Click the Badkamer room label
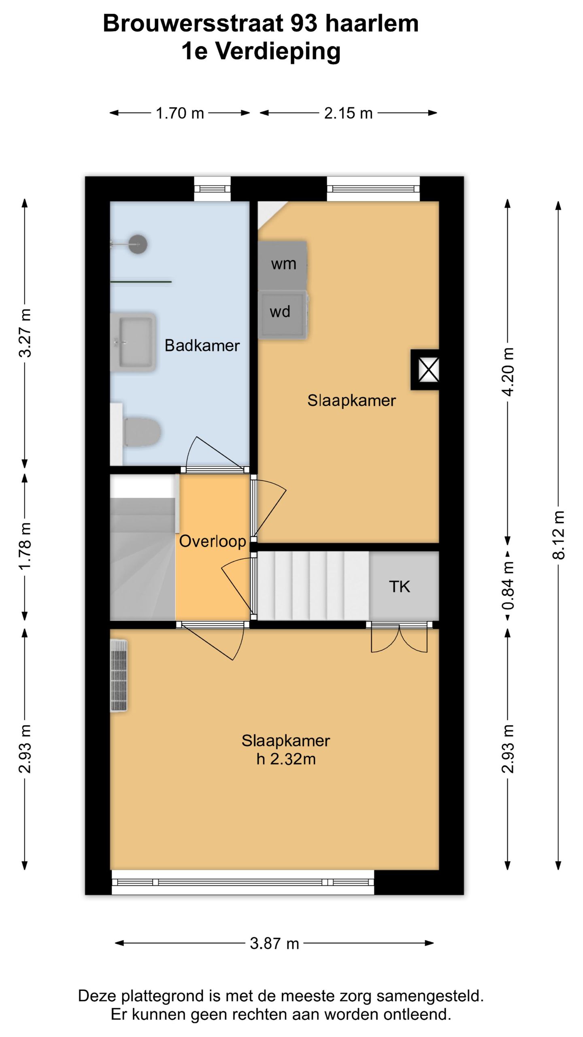click(x=202, y=346)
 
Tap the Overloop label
click(x=213, y=541)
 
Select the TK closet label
click(x=400, y=587)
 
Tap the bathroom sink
click(x=133, y=342)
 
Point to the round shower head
click(x=138, y=244)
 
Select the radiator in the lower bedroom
click(x=119, y=675)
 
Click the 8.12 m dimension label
click(x=558, y=535)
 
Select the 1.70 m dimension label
click(x=180, y=113)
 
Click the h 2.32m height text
click(x=286, y=759)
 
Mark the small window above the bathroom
click(x=212, y=188)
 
